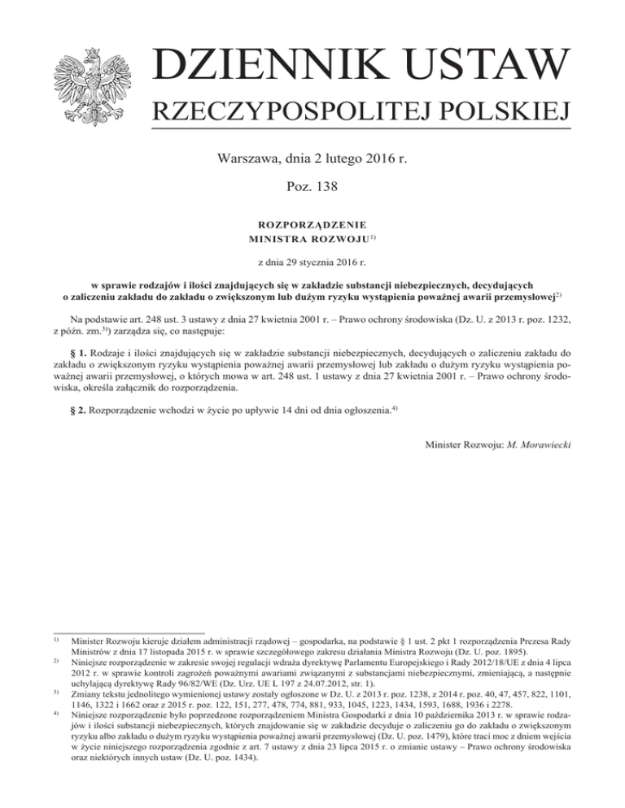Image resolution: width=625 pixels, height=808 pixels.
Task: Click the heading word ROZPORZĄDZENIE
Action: coord(312,223)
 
